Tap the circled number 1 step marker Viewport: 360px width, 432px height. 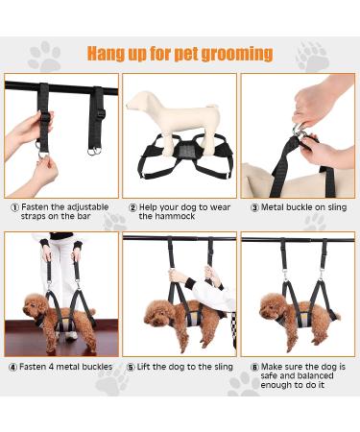click(14, 206)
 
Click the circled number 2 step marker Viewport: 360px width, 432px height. click(132, 206)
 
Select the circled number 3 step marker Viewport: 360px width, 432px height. click(254, 206)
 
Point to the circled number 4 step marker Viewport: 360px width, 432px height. click(13, 366)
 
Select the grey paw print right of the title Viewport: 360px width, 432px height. click(312, 56)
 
